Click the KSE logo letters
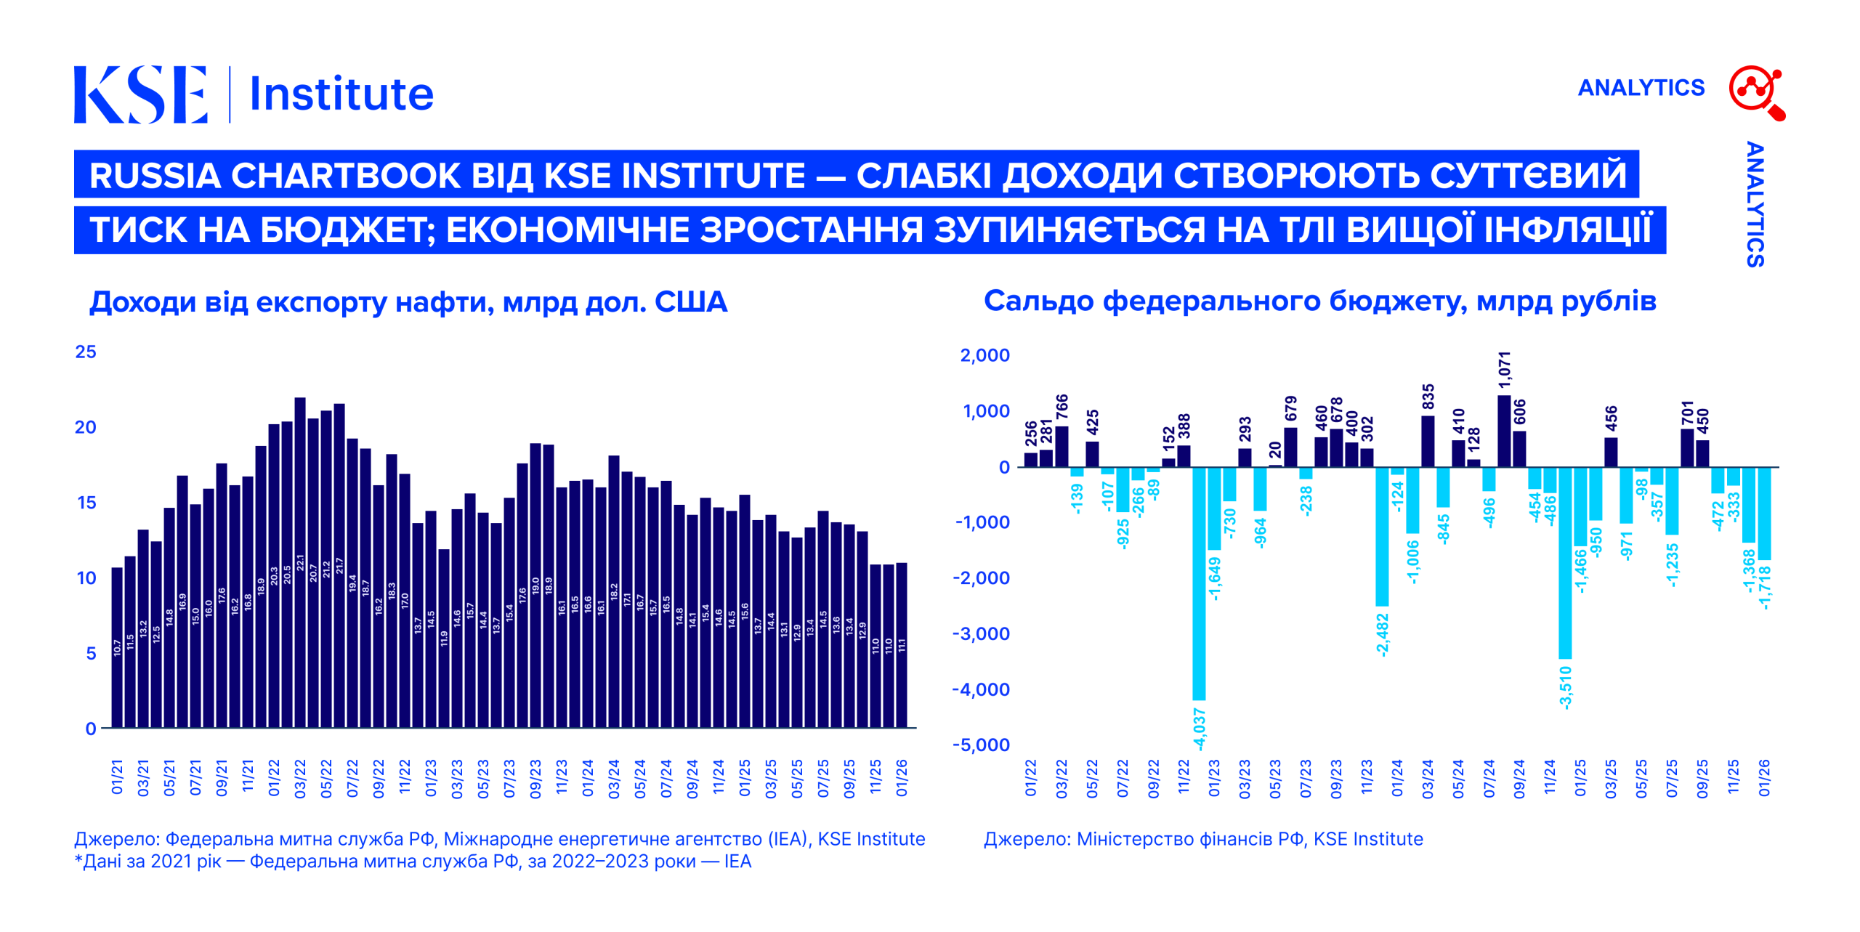click(x=140, y=94)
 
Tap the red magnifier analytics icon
click(x=1756, y=92)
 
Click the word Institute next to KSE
click(x=341, y=94)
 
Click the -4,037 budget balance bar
click(x=1199, y=583)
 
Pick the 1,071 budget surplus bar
click(x=1504, y=431)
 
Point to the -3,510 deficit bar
click(x=1565, y=562)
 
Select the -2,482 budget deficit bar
click(x=1382, y=536)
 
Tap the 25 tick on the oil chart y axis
click(x=86, y=352)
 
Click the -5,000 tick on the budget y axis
click(x=981, y=745)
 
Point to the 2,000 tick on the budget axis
click(x=984, y=355)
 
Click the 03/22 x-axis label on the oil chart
click(x=300, y=779)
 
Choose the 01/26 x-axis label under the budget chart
click(x=1764, y=779)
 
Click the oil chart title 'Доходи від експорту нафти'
click(x=408, y=302)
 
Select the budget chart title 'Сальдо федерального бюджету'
click(x=1319, y=301)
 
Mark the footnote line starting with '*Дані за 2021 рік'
click(x=413, y=862)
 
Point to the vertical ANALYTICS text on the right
click(x=1755, y=204)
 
